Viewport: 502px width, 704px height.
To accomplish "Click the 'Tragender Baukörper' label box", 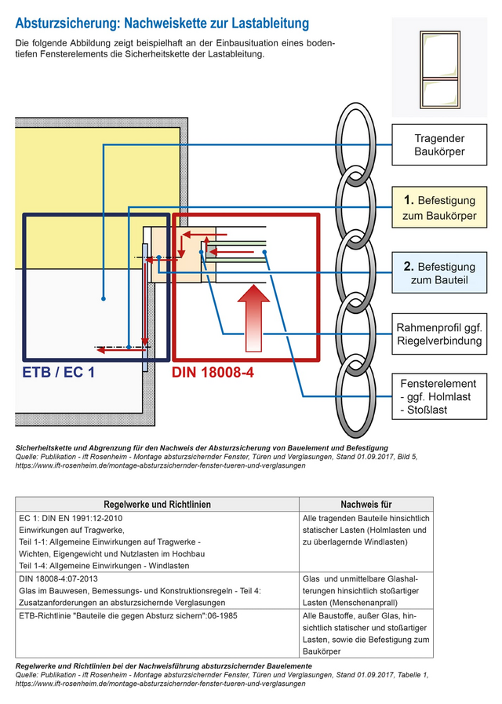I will click(x=439, y=144).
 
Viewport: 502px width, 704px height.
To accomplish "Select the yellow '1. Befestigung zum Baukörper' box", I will click(x=439, y=207).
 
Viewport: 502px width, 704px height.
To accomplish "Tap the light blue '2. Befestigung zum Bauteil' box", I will click(x=439, y=272).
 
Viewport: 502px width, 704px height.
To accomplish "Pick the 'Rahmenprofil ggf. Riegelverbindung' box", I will click(x=439, y=334).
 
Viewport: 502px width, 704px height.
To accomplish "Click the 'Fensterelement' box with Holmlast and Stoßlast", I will click(x=439, y=396).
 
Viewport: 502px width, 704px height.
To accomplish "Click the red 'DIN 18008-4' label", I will click(x=213, y=373).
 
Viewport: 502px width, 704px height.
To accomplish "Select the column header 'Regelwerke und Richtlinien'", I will click(x=157, y=505).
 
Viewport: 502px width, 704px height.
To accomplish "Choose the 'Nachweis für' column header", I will click(x=366, y=505).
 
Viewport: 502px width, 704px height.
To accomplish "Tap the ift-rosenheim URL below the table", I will click(x=160, y=684).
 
